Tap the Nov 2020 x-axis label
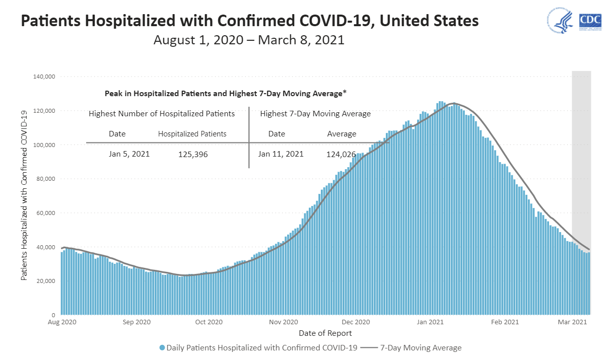[284, 322]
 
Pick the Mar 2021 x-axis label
[572, 322]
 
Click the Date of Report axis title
[325, 333]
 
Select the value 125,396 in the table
[193, 155]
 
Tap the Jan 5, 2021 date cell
[129, 154]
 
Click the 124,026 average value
[341, 155]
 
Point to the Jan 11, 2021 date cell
[281, 154]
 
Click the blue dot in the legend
[162, 348]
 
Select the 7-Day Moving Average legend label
[421, 348]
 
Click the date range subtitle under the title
[249, 40]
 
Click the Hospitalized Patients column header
[192, 134]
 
